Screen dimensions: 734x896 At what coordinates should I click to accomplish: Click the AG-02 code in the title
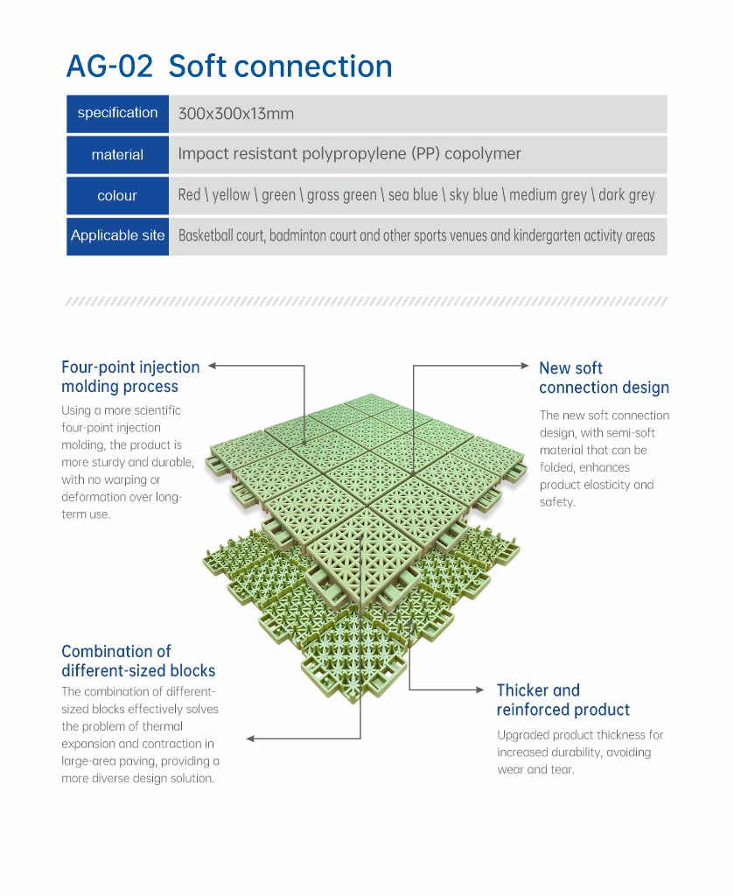point(109,66)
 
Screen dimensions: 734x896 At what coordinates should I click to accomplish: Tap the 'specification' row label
point(118,113)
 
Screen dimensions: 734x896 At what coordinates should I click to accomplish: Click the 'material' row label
point(118,154)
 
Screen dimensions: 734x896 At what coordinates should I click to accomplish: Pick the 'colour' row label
point(117,195)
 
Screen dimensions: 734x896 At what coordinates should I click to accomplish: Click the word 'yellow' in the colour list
point(231,195)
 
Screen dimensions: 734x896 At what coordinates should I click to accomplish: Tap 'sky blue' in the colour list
point(473,195)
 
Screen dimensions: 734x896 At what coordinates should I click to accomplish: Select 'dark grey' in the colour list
point(626,195)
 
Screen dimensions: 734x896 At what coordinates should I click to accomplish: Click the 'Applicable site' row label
point(118,235)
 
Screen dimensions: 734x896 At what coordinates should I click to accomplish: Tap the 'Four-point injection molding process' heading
point(131,376)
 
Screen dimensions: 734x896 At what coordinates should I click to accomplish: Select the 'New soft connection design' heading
point(604,378)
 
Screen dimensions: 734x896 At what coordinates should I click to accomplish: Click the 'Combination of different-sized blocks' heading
point(138,661)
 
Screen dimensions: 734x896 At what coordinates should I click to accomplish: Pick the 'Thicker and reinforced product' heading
point(563,699)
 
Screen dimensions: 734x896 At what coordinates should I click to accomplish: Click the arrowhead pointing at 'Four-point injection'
point(212,366)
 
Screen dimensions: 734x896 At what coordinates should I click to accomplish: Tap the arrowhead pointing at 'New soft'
point(525,365)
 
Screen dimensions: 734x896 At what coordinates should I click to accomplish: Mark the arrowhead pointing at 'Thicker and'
point(480,689)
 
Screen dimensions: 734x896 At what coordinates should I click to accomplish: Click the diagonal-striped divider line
point(367,301)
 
